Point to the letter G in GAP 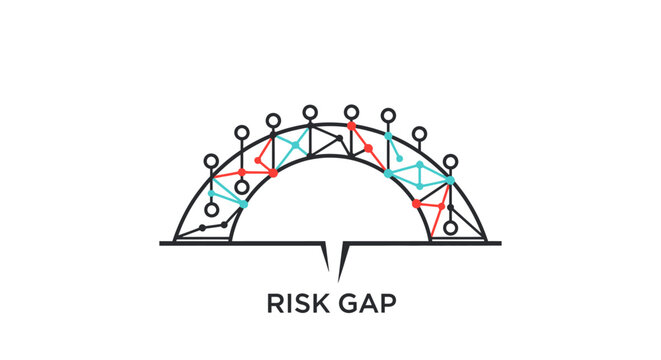point(350,304)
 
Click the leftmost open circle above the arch point(210,161)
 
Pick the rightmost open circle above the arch point(450,161)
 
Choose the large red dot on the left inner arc point(273,173)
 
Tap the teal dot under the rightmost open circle point(450,180)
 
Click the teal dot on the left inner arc point(244,203)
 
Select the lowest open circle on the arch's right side point(450,228)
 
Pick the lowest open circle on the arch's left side point(210,210)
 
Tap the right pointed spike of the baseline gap point(343,262)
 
